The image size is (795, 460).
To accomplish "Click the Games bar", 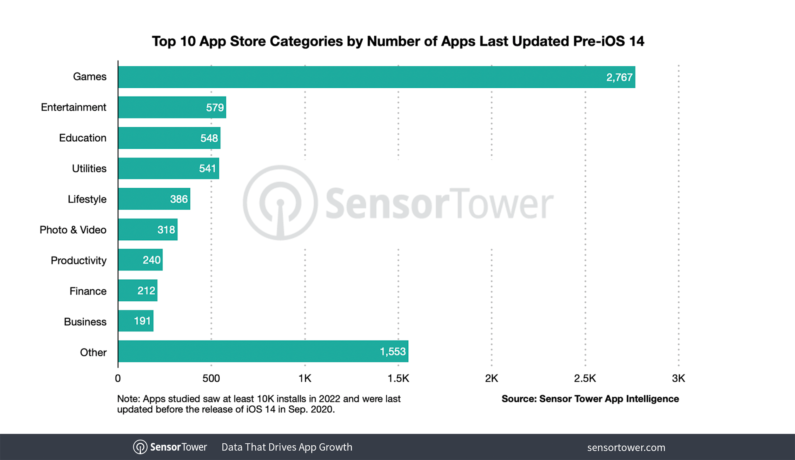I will [376, 77].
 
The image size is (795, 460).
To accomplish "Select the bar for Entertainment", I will [172, 107].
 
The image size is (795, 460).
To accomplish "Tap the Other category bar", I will [263, 351].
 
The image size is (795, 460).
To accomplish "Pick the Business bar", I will [136, 321].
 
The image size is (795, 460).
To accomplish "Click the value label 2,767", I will [619, 77].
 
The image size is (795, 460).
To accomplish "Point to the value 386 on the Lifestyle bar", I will [179, 199].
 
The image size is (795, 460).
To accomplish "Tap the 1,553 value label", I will [393, 352].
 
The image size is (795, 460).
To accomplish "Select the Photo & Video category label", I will [73, 230].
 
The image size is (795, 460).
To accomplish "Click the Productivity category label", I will [78, 261].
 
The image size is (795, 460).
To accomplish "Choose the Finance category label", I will [88, 291].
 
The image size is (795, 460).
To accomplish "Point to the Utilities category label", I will [89, 169].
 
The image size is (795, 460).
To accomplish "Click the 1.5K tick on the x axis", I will [398, 378].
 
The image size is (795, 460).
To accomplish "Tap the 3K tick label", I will [678, 378].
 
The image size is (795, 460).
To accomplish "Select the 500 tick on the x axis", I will [211, 378].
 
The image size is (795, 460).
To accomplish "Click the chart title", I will [397, 41].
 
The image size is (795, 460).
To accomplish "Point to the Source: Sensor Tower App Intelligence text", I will [590, 399].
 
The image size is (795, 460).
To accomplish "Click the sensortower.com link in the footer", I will [626, 448].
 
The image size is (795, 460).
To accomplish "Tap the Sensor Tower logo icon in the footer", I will [140, 447].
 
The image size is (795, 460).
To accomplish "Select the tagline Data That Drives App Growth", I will [286, 447].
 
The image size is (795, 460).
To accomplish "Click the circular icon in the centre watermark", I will [280, 203].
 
